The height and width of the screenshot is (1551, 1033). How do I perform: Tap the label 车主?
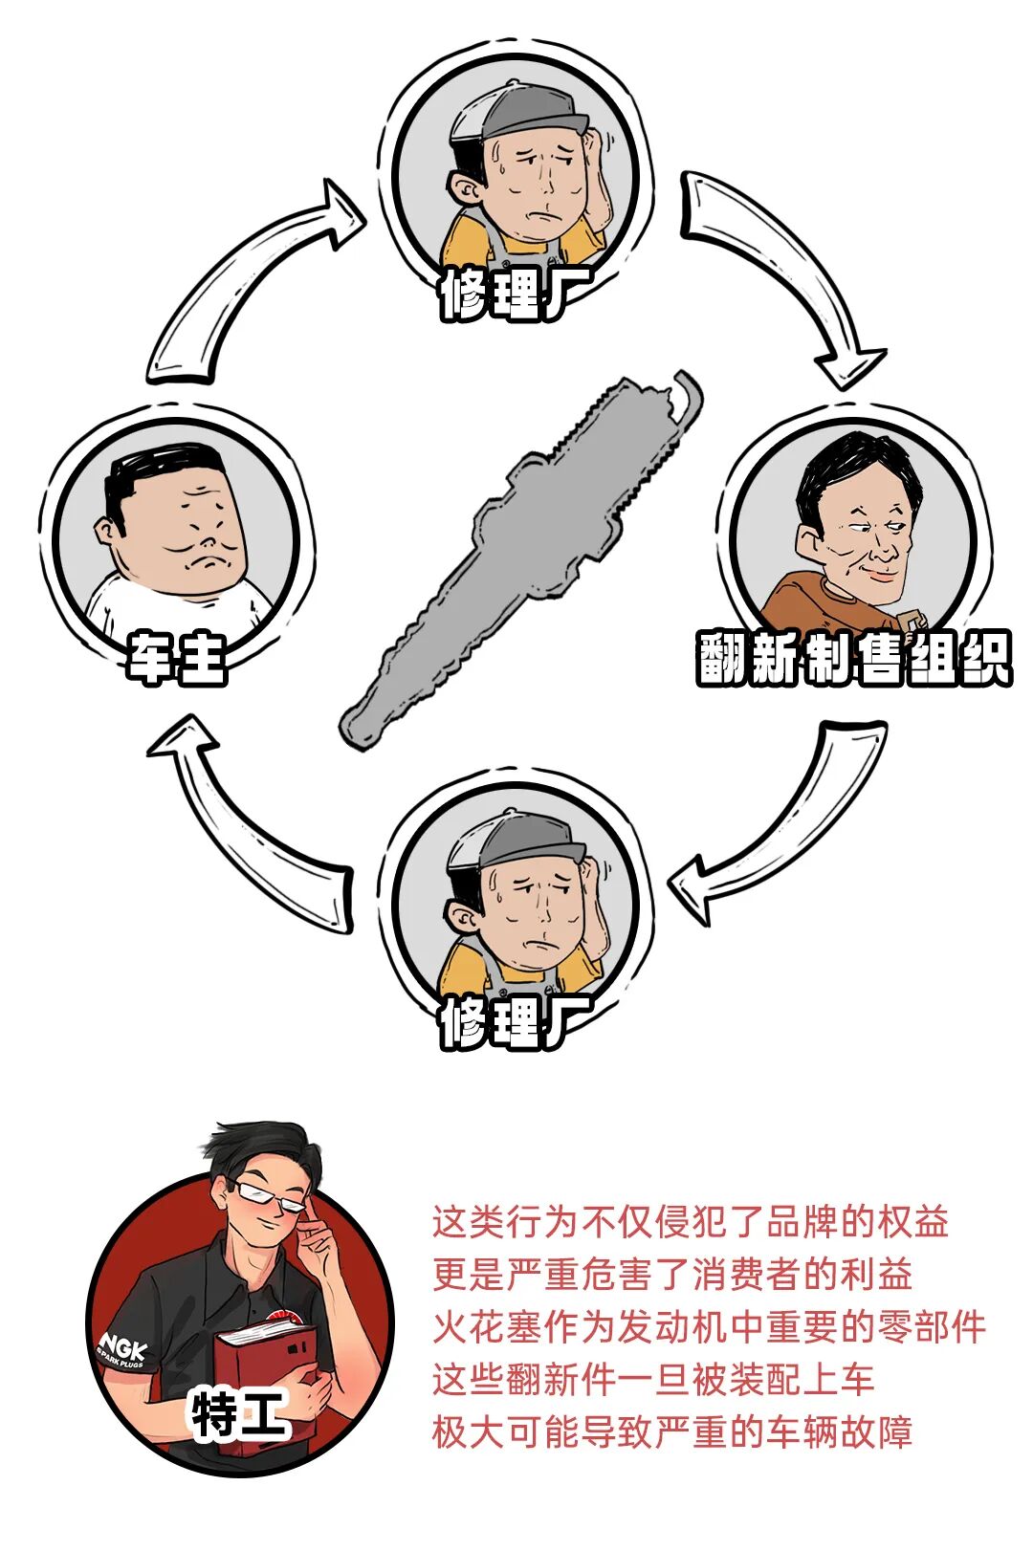[177, 658]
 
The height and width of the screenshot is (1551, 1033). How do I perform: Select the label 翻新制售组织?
[851, 658]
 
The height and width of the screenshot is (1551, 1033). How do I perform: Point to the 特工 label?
[239, 1413]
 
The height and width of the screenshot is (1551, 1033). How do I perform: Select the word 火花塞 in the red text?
[487, 1327]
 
